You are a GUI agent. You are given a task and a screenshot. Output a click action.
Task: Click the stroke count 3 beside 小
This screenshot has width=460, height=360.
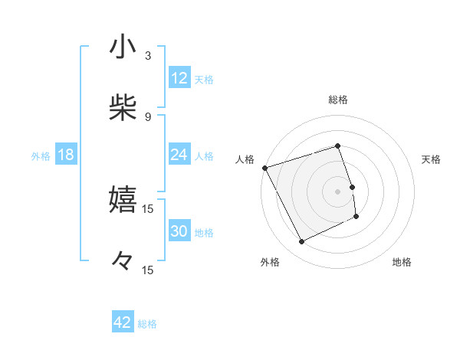(x=148, y=56)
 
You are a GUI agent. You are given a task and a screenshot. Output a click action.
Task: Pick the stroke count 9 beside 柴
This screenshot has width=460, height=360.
(x=148, y=116)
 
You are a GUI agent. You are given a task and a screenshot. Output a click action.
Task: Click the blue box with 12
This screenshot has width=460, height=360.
(x=179, y=77)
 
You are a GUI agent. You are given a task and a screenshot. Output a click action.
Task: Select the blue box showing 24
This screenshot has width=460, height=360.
(x=179, y=155)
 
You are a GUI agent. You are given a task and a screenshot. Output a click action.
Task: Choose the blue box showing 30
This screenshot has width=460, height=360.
(x=179, y=231)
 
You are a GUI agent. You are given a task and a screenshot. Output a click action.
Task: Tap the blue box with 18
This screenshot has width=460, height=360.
(x=66, y=155)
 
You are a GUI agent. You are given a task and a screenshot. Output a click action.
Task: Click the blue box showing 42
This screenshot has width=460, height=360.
(x=123, y=322)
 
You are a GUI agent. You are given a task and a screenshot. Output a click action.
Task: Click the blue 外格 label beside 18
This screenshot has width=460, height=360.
(x=41, y=155)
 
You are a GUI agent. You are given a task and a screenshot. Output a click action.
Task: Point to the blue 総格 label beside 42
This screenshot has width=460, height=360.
(x=147, y=324)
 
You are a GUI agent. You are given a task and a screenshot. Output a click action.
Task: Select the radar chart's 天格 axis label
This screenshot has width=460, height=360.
(x=431, y=159)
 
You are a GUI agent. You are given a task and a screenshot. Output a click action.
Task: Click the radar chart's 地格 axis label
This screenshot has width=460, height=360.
(x=402, y=262)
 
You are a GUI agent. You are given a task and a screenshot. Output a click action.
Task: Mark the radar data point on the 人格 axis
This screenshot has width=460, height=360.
(x=264, y=168)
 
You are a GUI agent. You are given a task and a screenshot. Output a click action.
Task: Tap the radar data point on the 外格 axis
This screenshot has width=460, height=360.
(x=301, y=242)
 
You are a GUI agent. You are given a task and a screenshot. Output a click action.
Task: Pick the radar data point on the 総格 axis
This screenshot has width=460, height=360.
(x=337, y=146)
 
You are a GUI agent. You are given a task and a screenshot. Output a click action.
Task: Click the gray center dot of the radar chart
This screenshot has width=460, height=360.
(x=337, y=191)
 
